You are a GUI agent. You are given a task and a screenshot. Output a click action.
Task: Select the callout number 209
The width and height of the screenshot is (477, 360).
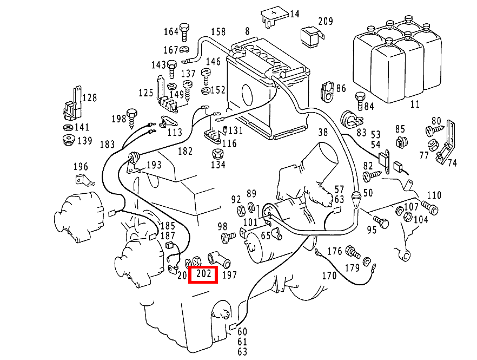(326, 22)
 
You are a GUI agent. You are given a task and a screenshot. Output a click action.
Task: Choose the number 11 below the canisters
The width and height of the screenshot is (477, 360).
(415, 104)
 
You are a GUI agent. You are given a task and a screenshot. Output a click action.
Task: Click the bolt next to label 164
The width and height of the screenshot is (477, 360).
(184, 32)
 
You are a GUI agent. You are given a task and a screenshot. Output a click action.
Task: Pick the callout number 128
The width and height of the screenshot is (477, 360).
(89, 98)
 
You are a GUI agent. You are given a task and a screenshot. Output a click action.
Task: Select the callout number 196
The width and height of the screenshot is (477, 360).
(80, 166)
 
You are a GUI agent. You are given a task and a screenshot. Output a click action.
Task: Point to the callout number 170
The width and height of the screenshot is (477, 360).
(329, 276)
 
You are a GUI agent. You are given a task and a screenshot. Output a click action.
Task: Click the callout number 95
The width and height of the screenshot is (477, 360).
(371, 230)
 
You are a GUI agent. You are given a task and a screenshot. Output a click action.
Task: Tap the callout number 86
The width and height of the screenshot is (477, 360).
(341, 88)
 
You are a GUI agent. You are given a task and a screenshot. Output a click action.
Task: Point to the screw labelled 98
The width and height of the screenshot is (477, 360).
(228, 237)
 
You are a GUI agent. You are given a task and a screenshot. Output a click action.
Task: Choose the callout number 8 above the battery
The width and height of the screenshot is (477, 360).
(247, 31)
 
